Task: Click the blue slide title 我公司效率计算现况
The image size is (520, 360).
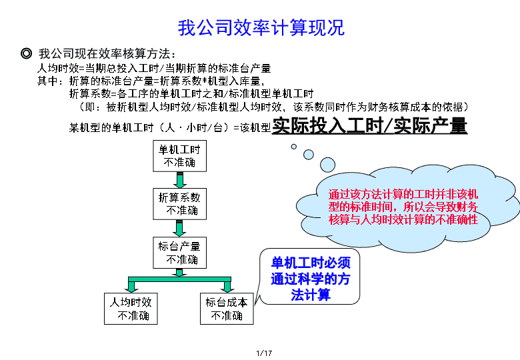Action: click(x=261, y=27)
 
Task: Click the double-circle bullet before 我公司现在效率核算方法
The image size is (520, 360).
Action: click(x=26, y=53)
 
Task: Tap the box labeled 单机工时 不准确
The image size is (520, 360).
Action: click(x=179, y=156)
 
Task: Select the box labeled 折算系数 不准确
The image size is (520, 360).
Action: click(x=179, y=204)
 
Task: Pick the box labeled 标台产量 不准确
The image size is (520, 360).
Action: click(x=179, y=253)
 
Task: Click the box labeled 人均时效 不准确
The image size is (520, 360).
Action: click(x=131, y=309)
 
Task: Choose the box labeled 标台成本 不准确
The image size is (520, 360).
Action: click(x=227, y=309)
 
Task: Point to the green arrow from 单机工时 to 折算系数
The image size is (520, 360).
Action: click(x=179, y=180)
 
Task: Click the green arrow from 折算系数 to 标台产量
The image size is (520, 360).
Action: click(x=179, y=229)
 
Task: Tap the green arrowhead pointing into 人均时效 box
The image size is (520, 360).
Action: click(x=131, y=287)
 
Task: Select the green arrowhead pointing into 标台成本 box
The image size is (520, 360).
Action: click(x=227, y=287)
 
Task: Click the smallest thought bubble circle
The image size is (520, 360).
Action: click(x=293, y=147)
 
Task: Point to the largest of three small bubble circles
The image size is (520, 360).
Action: click(x=327, y=165)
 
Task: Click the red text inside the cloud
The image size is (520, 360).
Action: click(x=403, y=207)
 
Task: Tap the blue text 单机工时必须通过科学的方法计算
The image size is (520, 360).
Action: click(x=311, y=279)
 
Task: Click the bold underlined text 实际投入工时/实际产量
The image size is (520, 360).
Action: click(x=369, y=125)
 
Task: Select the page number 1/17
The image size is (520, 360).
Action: click(x=264, y=353)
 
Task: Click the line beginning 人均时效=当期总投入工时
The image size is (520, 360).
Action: click(x=154, y=68)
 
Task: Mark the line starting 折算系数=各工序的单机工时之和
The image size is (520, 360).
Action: click(x=191, y=94)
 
